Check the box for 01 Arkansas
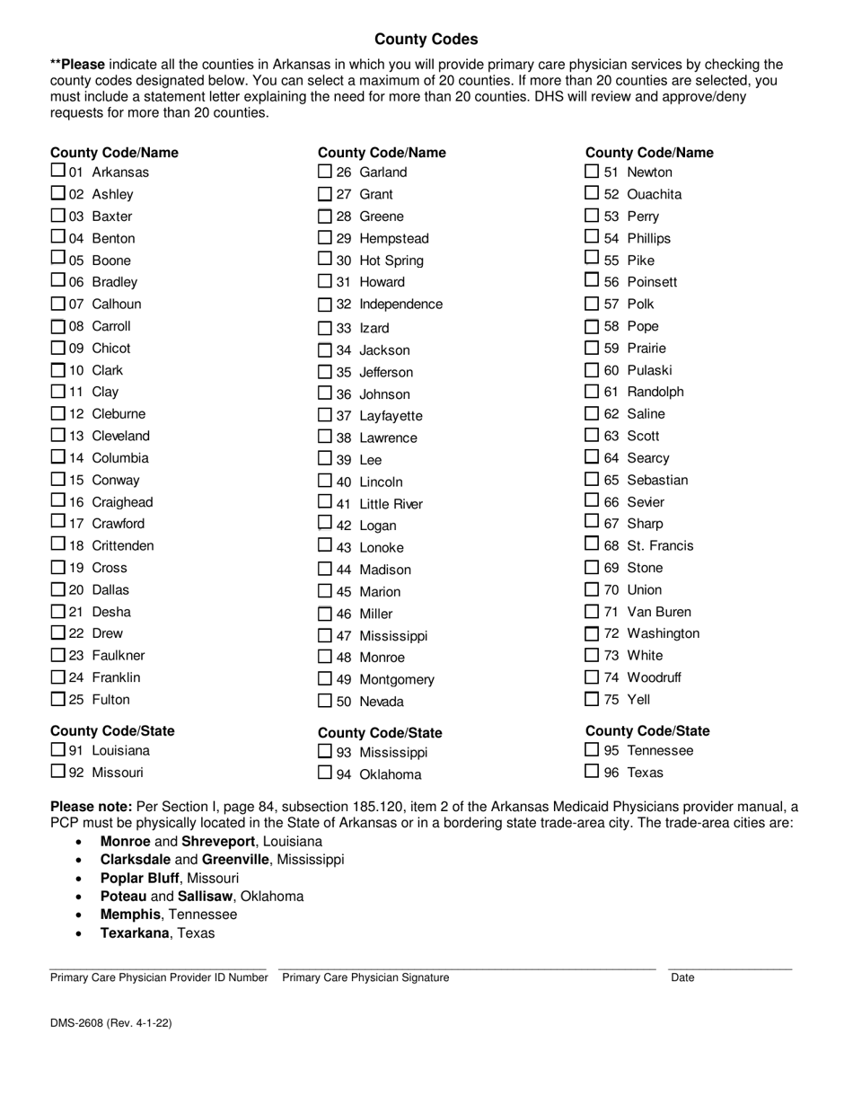pyautogui.click(x=57, y=171)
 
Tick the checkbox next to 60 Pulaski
pyautogui.click(x=592, y=370)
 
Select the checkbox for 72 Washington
pyautogui.click(x=592, y=633)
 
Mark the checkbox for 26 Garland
pyautogui.click(x=325, y=172)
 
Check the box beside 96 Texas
pyautogui.click(x=592, y=772)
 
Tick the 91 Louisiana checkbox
pyautogui.click(x=57, y=749)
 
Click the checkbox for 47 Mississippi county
pyautogui.click(x=325, y=636)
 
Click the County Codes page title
pyautogui.click(x=426, y=40)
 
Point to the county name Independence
pyautogui.click(x=400, y=305)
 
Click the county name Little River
pyautogui.click(x=391, y=504)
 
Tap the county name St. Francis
pyautogui.click(x=660, y=545)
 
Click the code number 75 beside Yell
pyautogui.click(x=611, y=699)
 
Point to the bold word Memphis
pyautogui.click(x=130, y=915)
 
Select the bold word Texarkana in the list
pyautogui.click(x=135, y=933)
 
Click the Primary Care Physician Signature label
pyautogui.click(x=365, y=977)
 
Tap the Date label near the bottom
pyautogui.click(x=682, y=977)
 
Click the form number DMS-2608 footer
pyautogui.click(x=111, y=1023)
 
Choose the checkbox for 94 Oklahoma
pyautogui.click(x=325, y=773)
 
